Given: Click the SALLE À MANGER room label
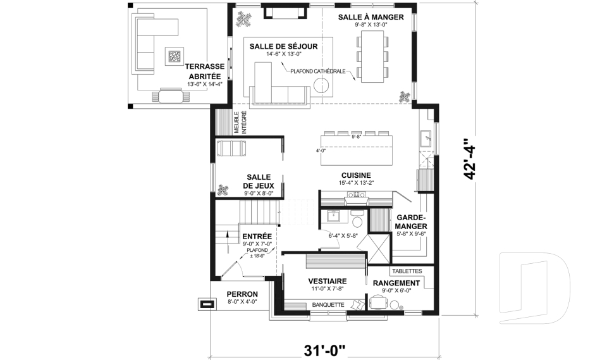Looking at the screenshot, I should point(370,17).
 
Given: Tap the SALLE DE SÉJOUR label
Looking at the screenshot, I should point(283,46).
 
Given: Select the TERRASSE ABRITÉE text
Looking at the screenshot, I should point(203,71).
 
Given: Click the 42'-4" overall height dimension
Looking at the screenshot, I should point(469,159).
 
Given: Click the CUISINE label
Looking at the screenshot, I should point(356,175).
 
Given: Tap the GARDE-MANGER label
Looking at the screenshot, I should point(412,221).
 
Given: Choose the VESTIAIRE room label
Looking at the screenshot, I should point(327,281).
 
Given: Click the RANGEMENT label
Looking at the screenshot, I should point(396,283).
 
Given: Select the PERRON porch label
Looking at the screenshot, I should point(242,294).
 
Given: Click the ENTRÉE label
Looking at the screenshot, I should point(257,236).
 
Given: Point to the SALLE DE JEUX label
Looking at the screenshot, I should point(259,182).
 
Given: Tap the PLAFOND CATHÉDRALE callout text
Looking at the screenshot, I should point(317,71).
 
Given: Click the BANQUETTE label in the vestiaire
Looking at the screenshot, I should point(328,305).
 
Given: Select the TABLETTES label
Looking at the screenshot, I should point(408,271).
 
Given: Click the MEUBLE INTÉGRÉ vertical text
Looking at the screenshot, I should point(240,121).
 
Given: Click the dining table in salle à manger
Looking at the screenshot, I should point(371,57).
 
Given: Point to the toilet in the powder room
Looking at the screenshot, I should point(357,221).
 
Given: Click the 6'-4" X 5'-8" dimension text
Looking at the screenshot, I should point(343,236).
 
